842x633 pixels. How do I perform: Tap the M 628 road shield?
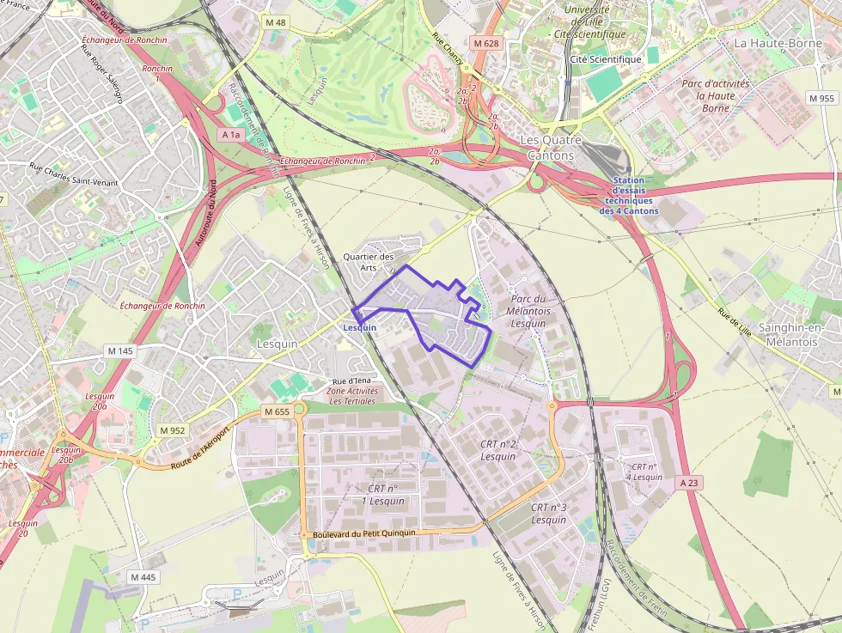click(x=484, y=42)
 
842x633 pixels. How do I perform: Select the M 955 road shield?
click(x=822, y=99)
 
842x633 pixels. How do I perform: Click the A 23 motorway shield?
click(x=689, y=483)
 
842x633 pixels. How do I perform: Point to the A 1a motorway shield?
click(x=231, y=135)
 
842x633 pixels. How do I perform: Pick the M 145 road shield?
click(x=120, y=350)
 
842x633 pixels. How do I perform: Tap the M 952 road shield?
click(x=172, y=430)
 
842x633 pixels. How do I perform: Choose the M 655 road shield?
click(x=277, y=411)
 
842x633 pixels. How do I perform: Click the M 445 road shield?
click(x=143, y=577)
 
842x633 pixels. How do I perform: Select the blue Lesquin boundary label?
click(x=359, y=327)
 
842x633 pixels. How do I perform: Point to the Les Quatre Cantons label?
click(x=551, y=147)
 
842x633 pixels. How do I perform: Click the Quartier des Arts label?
click(x=368, y=261)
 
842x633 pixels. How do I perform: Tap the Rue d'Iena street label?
click(x=351, y=381)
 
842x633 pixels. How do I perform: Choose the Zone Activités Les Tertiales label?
click(x=351, y=396)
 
